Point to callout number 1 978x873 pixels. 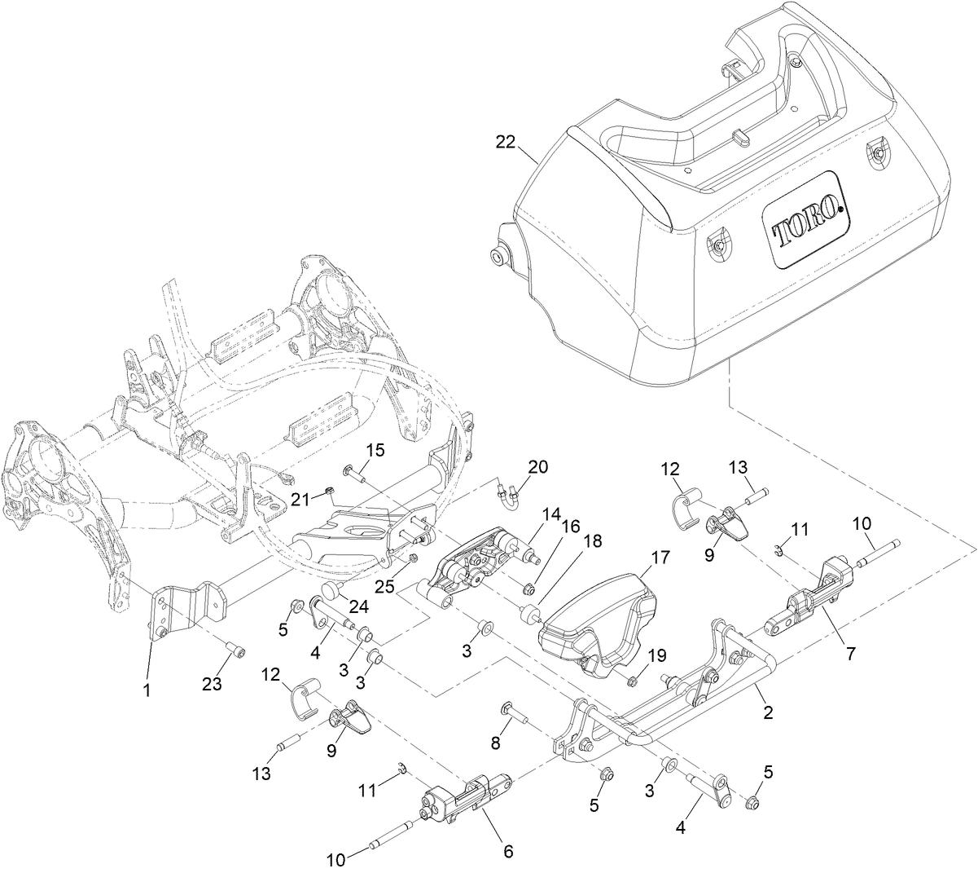[147, 690]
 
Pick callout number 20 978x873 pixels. [538, 468]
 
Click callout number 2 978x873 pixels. [767, 712]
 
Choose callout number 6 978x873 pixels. [508, 851]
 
